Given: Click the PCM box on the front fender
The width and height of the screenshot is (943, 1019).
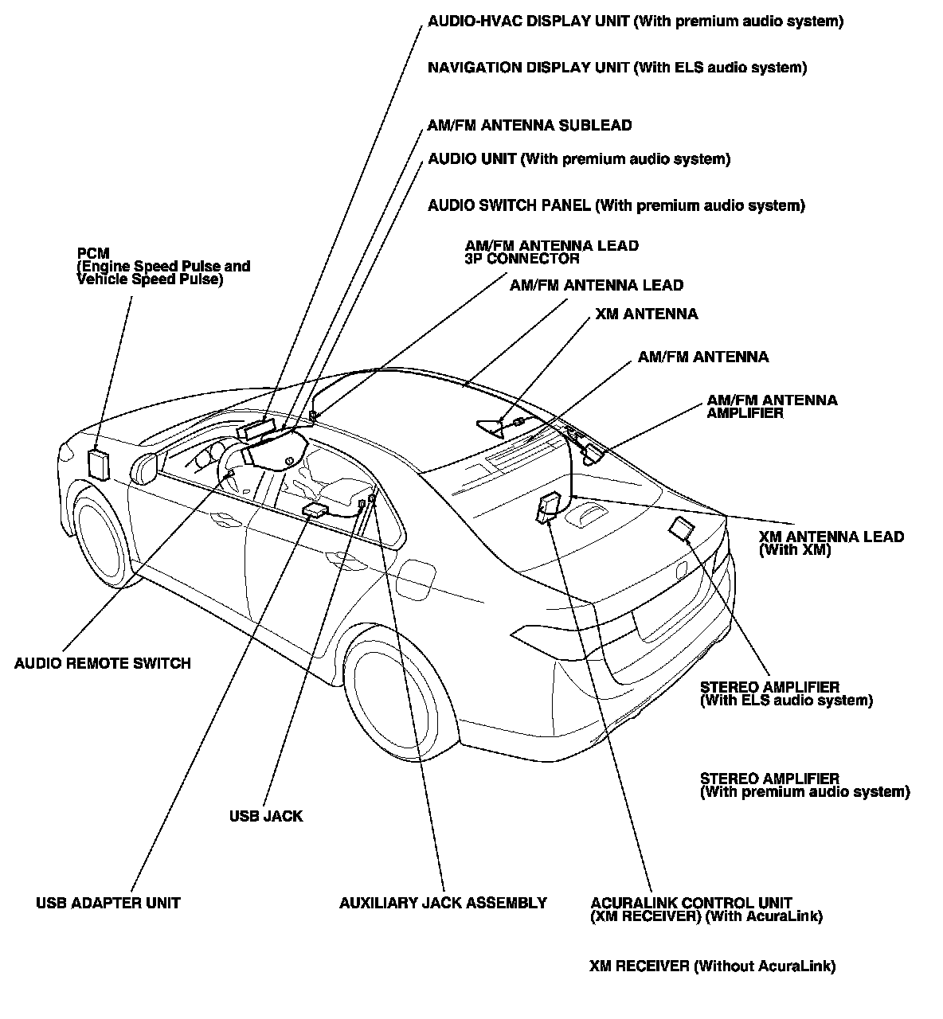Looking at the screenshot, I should [x=99, y=463].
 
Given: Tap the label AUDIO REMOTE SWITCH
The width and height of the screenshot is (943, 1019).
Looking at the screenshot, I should [x=103, y=663].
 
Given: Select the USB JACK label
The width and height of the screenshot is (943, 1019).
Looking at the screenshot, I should [x=266, y=816].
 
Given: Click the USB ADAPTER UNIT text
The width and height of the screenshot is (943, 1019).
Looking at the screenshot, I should [x=108, y=903].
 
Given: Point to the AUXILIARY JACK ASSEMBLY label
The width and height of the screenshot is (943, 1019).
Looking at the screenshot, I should [x=443, y=903].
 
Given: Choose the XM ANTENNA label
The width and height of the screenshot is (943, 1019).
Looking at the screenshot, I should [x=646, y=314].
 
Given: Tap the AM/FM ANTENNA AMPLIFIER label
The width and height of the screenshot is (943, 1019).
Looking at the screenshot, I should [x=771, y=407].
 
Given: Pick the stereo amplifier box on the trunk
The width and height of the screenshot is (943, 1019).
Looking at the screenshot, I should [x=682, y=528].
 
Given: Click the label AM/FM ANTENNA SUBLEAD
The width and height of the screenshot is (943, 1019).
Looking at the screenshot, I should [x=530, y=125].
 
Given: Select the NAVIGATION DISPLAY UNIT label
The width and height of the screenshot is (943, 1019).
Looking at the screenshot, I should [x=617, y=68].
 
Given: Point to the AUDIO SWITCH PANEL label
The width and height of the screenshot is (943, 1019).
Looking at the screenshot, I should [x=616, y=205].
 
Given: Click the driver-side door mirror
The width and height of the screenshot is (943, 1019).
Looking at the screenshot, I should [x=146, y=468].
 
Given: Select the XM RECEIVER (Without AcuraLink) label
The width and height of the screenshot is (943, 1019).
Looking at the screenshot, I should [x=712, y=966].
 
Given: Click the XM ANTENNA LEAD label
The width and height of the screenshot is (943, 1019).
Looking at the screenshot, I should [x=831, y=543].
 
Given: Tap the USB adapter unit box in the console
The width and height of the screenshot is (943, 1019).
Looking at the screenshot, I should [x=315, y=510].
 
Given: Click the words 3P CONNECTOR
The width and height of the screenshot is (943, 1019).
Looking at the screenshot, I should [x=522, y=259].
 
